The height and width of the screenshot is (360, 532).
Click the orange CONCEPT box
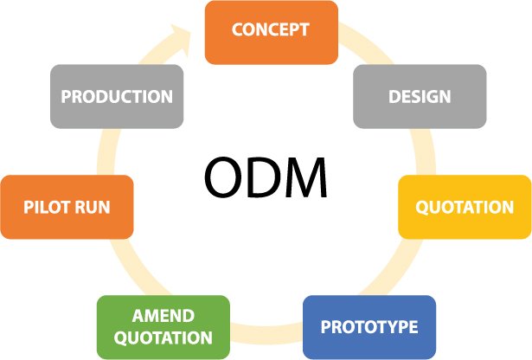coord(270,31)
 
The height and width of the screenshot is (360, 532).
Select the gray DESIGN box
coord(420,96)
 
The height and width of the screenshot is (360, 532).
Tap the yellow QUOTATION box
coord(465,207)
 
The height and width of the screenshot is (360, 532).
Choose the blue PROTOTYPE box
coord(369,327)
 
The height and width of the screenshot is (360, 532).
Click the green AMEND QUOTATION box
coord(163,327)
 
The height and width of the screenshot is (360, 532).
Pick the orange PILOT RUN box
coord(67,207)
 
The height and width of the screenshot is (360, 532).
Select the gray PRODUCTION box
coord(116,96)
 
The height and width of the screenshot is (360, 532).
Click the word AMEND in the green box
coord(163,316)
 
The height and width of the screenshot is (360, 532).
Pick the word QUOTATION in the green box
coord(163,338)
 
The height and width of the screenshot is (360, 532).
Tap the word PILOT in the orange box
coord(48,207)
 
